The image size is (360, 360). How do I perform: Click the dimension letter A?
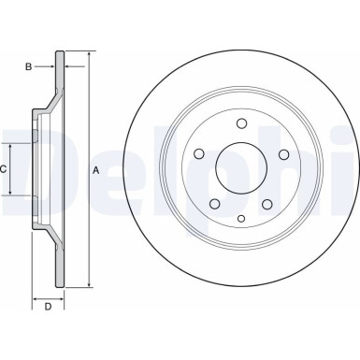point(94,170)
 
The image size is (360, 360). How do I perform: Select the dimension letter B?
point(28,65)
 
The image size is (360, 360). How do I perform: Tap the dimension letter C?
point(4,169)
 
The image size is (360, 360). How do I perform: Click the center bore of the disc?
point(242,169)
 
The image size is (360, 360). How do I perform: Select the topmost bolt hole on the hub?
point(242,124)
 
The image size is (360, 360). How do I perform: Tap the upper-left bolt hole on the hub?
point(200,156)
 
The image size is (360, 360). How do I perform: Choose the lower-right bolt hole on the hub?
point(268,205)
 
